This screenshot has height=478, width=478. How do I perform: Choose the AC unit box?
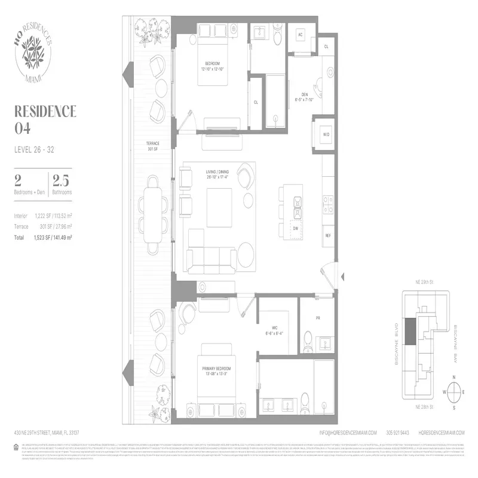pyautogui.click(x=301, y=35)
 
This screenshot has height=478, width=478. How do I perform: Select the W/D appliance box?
pyautogui.click(x=327, y=135)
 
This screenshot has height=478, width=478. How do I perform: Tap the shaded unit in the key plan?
pyautogui.click(x=410, y=332)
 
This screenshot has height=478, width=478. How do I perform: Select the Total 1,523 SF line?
pyautogui.click(x=43, y=237)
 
